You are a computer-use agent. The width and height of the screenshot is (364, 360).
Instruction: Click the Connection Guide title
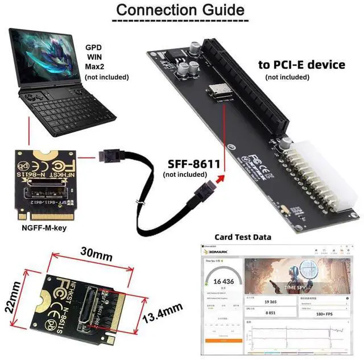coord(180,10)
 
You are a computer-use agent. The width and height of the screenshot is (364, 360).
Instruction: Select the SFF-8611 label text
coord(193,164)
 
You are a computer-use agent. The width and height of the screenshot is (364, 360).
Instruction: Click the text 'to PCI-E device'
coord(301,65)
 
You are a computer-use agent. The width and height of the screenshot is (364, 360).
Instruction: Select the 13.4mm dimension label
coord(164,313)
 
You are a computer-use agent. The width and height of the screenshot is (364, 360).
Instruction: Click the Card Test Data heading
coord(242,237)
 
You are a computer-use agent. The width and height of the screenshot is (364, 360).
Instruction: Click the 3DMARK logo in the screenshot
coord(219,250)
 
